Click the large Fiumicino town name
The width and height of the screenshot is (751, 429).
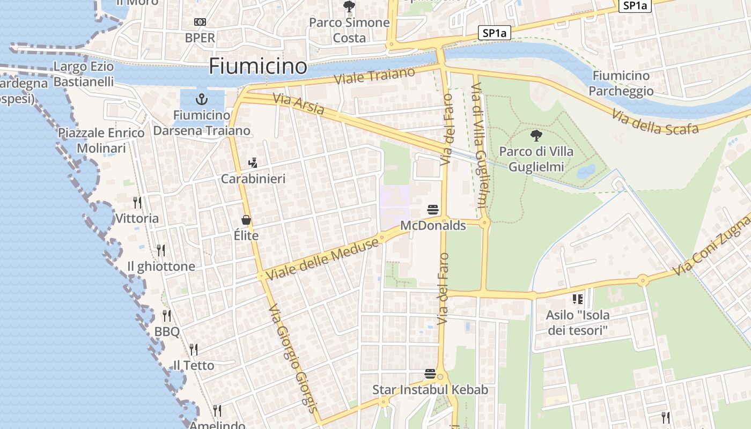tap(257, 66)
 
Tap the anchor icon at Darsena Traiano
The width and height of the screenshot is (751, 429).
tap(202, 99)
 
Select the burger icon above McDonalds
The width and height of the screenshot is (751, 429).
tap(433, 209)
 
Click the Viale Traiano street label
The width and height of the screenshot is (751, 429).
tap(374, 76)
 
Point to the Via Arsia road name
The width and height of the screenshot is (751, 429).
tap(298, 104)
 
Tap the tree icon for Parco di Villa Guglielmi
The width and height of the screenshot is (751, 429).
tap(536, 136)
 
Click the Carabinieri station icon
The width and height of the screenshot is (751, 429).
tap(253, 162)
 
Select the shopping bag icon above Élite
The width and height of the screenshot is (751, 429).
tap(246, 220)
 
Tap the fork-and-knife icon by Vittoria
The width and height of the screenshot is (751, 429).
tap(137, 202)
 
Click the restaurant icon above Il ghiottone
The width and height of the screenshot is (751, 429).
tap(160, 250)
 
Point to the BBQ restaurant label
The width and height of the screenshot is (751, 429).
tap(167, 332)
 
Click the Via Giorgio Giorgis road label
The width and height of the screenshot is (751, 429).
tap(292, 358)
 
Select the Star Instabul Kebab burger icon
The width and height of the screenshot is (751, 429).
tap(430, 373)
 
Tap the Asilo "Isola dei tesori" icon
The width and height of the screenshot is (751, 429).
tap(577, 299)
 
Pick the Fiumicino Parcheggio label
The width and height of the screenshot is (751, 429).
tap(621, 83)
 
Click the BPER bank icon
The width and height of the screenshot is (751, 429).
tap(200, 22)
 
